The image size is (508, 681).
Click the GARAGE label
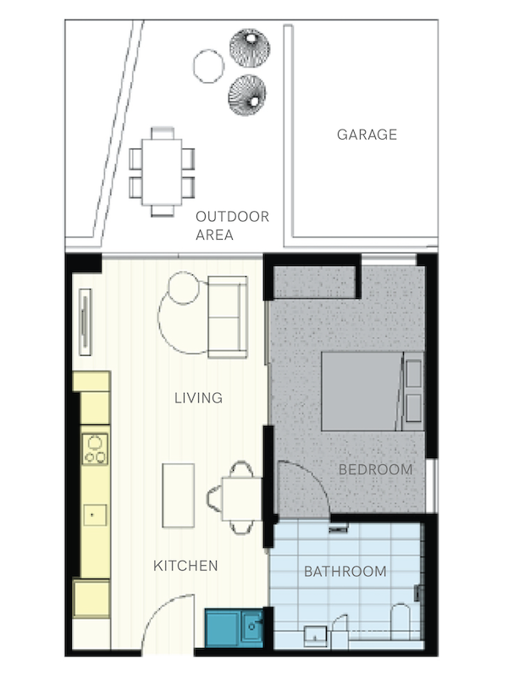click(367, 135)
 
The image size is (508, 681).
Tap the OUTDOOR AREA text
click(232, 225)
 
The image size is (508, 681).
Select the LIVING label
click(198, 398)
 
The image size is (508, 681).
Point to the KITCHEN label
click(185, 566)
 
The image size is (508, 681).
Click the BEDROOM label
click(376, 469)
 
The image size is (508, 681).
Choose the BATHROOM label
click(345, 571)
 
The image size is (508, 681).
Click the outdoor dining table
click(162, 172)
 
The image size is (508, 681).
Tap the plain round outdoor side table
click(209, 66)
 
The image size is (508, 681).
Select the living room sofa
click(228, 317)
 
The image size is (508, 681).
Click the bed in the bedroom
click(372, 391)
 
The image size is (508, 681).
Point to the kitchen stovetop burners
click(95, 449)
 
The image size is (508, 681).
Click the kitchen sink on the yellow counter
click(95, 515)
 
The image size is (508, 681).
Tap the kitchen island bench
click(179, 496)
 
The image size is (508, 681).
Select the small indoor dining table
click(242, 499)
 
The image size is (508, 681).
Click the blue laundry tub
click(234, 628)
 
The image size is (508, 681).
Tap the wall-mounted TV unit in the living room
click(86, 322)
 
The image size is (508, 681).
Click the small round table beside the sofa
click(184, 287)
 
